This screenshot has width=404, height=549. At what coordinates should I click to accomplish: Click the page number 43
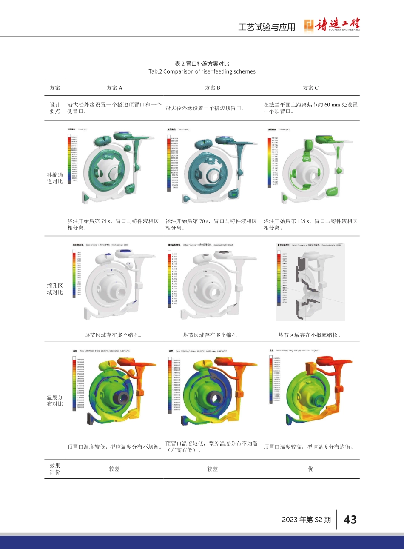[350, 520]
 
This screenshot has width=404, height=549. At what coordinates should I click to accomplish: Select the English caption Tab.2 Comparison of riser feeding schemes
[202, 71]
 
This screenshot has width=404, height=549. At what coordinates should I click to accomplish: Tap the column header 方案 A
[114, 88]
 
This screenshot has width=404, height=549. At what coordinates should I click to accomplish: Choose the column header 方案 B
[212, 88]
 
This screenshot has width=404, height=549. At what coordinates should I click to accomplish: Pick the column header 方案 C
[310, 88]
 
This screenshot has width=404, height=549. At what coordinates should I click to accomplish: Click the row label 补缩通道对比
[55, 178]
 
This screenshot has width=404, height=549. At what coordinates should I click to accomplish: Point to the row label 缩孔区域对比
[55, 289]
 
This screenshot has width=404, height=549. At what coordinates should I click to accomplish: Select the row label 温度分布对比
[55, 400]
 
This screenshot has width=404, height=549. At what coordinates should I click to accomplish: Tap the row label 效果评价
[55, 469]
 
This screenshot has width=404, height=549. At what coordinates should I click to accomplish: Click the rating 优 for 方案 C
[310, 469]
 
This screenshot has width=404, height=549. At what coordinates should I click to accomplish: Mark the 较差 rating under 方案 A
[114, 469]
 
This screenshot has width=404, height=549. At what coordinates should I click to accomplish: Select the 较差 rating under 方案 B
[212, 469]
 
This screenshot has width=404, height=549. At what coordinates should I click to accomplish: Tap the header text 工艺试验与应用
[267, 27]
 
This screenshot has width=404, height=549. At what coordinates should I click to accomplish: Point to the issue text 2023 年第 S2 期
[306, 520]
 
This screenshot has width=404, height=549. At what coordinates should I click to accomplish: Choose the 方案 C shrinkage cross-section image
[304, 283]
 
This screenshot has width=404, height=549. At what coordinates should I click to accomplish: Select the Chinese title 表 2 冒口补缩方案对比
[202, 64]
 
